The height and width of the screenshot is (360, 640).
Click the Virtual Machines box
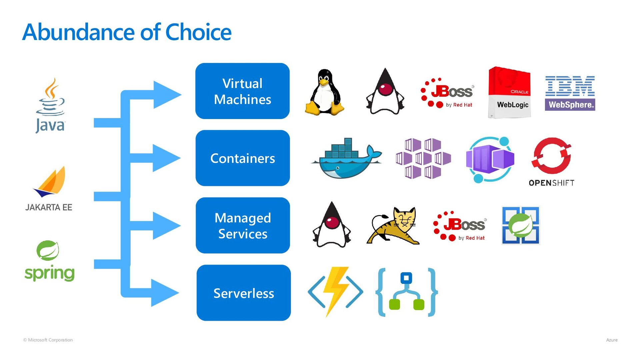(242, 91)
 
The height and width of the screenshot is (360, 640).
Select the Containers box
(243, 158)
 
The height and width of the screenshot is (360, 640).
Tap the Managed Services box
(243, 225)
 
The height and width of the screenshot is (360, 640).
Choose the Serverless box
(244, 293)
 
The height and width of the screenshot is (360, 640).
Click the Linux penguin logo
(324, 92)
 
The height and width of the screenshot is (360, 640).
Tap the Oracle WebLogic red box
(509, 92)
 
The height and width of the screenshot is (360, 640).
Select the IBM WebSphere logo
(570, 93)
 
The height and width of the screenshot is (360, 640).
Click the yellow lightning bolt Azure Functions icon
(335, 292)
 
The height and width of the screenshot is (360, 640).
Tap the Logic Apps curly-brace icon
(406, 292)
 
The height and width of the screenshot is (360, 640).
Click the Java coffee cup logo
(50, 105)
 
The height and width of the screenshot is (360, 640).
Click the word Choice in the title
(198, 32)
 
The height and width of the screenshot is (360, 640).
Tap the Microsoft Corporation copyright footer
(48, 340)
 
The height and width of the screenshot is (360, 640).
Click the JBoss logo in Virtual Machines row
(447, 93)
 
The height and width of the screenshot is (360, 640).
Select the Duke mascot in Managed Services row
(332, 225)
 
